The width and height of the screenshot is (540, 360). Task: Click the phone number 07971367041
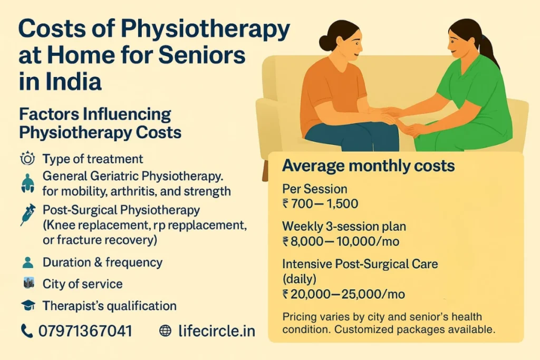(85, 330)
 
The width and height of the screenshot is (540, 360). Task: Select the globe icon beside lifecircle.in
(165, 330)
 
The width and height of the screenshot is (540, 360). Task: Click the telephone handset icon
(26, 330)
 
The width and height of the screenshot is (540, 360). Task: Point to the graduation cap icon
(28, 305)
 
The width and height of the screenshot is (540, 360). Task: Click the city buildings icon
(28, 283)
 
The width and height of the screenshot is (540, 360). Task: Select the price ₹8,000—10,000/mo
(341, 241)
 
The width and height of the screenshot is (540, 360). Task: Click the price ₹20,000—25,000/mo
(344, 294)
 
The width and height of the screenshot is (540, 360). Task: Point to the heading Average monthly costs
(368, 166)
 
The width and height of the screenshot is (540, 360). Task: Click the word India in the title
(73, 83)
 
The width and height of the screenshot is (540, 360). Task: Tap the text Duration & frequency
(102, 262)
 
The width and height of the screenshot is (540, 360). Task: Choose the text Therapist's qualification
(109, 305)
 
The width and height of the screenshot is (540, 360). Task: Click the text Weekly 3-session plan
(344, 226)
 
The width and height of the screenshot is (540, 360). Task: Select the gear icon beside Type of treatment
(26, 158)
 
